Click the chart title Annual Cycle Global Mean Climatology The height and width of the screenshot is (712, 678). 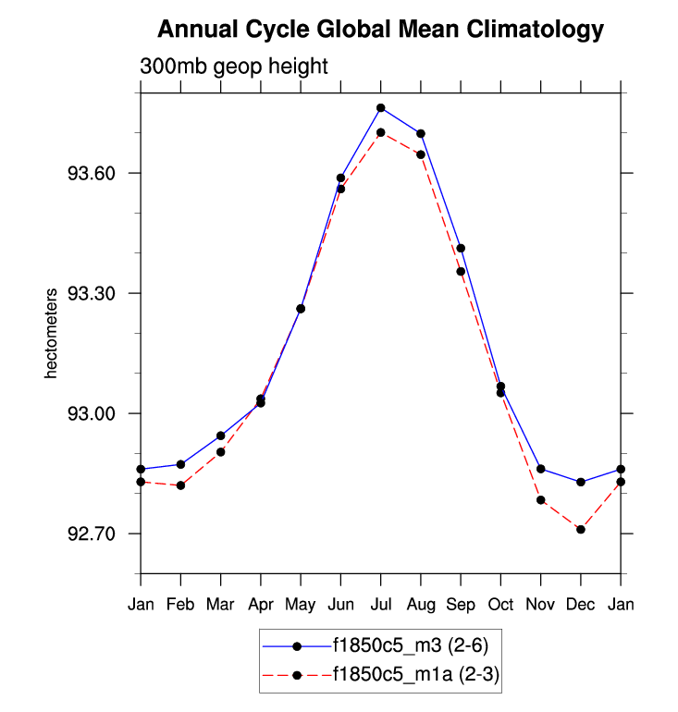click(x=380, y=30)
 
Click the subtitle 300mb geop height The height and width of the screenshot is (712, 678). click(x=234, y=67)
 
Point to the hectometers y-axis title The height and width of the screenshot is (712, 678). click(x=53, y=333)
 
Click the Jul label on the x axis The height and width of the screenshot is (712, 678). click(x=381, y=604)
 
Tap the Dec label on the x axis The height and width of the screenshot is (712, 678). click(x=581, y=604)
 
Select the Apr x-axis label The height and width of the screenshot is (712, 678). click(x=261, y=604)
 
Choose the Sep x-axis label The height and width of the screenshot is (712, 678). click(x=461, y=604)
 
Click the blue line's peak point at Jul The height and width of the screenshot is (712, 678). click(x=381, y=108)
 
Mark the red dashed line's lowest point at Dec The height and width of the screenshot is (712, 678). click(x=581, y=530)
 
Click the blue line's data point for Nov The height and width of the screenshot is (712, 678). click(x=541, y=469)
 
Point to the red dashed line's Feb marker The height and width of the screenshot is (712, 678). click(x=181, y=485)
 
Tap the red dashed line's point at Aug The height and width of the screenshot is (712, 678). click(x=421, y=154)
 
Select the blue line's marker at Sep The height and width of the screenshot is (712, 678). click(x=461, y=248)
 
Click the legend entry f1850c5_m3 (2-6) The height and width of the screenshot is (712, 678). click(x=407, y=645)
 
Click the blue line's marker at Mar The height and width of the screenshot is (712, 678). click(x=221, y=436)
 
